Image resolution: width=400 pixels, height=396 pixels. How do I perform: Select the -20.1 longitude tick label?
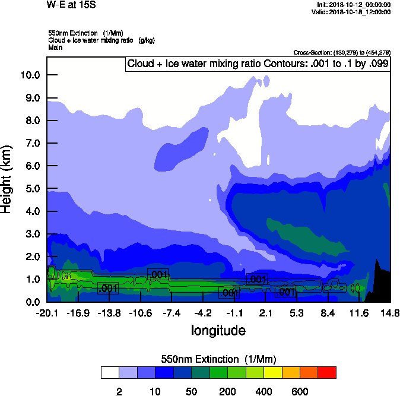tap(47, 313)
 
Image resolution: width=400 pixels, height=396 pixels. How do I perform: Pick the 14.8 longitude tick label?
tap(389, 313)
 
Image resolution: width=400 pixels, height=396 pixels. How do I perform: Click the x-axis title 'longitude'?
tap(218, 330)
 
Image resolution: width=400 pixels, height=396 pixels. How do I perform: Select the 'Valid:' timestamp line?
tap(352, 11)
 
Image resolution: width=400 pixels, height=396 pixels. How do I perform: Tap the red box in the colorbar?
tap(327, 372)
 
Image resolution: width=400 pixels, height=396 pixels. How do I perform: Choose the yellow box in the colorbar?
tap(272, 372)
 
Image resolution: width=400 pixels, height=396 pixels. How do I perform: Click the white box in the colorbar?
tap(110, 372)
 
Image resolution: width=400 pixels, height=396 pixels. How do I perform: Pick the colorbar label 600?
tap(300, 391)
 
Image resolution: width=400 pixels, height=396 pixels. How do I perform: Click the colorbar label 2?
tap(119, 391)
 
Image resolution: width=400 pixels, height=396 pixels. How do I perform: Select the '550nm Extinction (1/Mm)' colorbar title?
tap(218, 359)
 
